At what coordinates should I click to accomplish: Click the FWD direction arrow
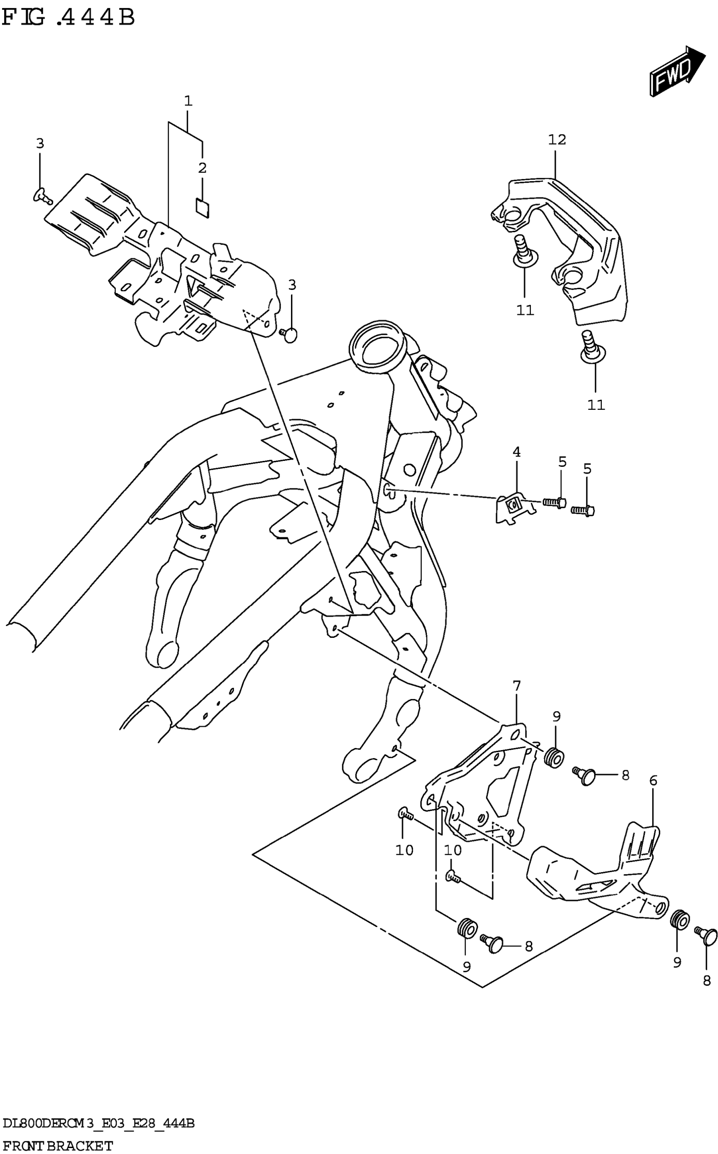[x=676, y=71]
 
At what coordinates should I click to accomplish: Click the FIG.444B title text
[x=68, y=18]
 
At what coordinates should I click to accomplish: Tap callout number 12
[x=557, y=140]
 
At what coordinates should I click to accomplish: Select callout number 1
[x=188, y=100]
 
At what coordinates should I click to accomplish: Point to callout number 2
[x=202, y=168]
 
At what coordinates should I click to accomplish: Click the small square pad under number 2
[x=203, y=207]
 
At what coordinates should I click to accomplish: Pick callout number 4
[x=516, y=452]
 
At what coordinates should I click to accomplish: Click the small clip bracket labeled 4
[x=513, y=509]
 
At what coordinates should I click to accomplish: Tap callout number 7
[x=517, y=685]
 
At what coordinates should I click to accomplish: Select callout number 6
[x=653, y=780]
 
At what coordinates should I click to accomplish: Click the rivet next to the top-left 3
[x=43, y=195]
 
